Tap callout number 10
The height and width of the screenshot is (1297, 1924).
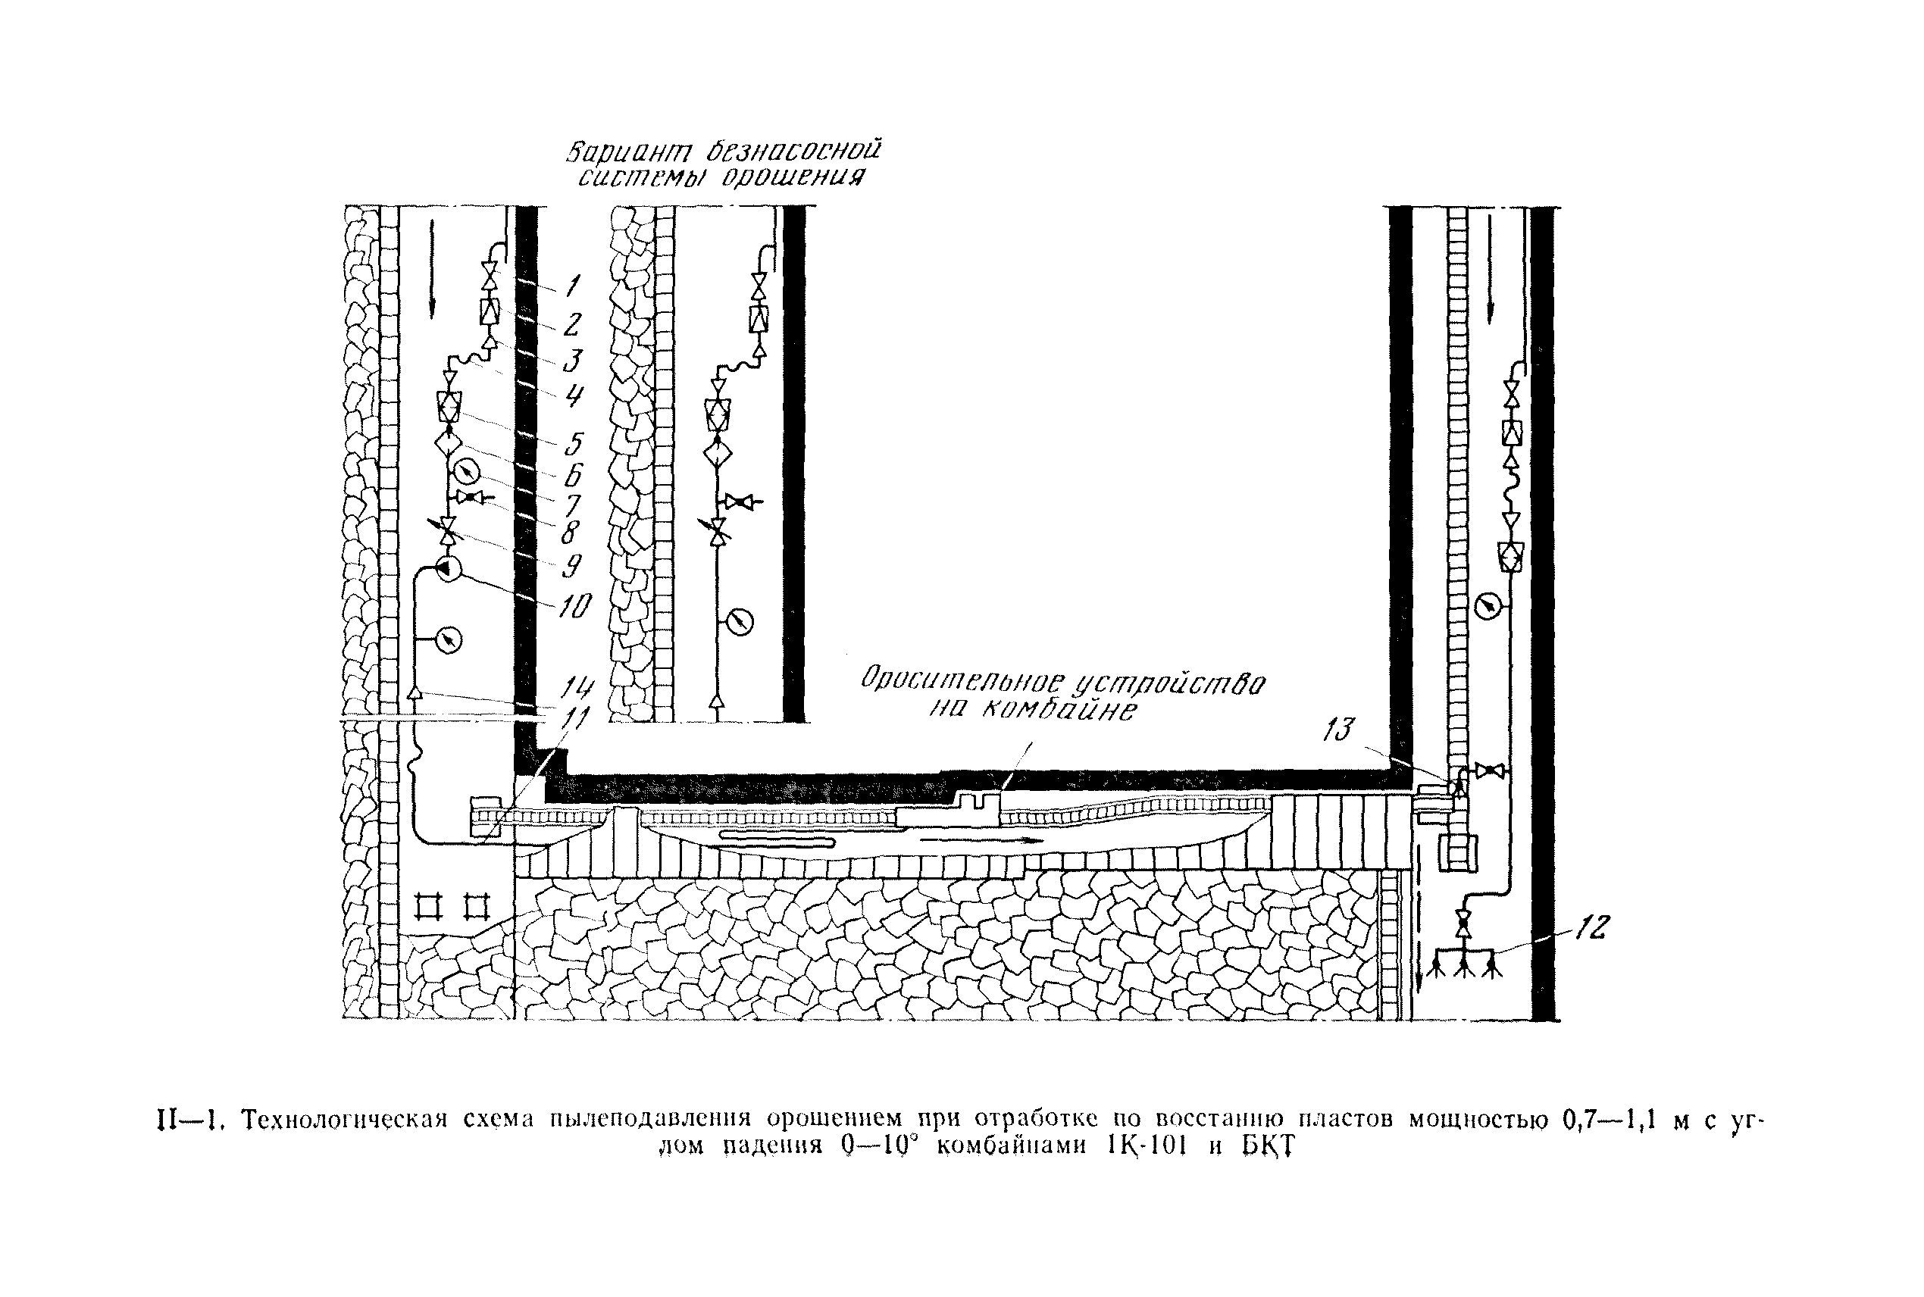tap(574, 606)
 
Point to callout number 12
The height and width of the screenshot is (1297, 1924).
tap(1591, 927)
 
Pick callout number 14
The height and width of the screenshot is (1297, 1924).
tap(577, 688)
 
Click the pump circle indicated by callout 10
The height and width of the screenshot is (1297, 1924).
tap(448, 569)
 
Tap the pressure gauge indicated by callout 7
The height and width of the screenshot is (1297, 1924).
tap(468, 471)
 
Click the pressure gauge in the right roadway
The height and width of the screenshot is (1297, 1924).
tap(1488, 607)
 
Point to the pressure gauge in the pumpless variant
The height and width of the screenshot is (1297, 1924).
tap(740, 620)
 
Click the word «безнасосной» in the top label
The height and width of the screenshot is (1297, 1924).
tap(793, 152)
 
